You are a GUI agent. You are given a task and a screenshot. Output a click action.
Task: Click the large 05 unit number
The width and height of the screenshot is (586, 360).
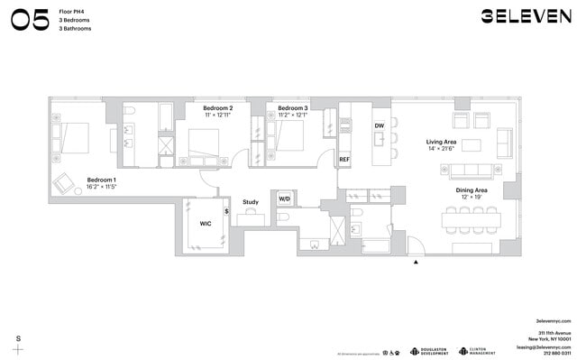coord(29,20)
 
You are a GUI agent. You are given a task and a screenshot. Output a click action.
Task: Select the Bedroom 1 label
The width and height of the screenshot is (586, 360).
coord(101,180)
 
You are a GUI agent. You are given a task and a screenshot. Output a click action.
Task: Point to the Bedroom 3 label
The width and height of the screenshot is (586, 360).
coord(292,108)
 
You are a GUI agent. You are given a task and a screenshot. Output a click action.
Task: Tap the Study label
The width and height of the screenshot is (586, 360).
coord(251,202)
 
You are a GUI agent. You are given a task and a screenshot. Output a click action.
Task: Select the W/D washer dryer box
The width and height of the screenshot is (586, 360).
coord(284,198)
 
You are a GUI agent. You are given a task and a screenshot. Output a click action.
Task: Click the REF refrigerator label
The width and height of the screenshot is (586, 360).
coord(343,160)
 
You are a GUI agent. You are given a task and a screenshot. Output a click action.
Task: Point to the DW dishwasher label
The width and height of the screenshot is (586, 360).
coord(380,125)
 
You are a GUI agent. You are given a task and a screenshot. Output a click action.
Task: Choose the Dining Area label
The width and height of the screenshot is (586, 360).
coord(471,191)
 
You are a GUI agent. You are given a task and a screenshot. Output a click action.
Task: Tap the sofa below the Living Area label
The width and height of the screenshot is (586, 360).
coord(476,170)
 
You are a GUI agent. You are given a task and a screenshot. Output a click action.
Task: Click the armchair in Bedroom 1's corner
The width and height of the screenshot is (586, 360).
coord(64,184)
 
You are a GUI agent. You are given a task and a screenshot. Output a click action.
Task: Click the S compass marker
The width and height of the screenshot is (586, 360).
coord(18,338)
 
